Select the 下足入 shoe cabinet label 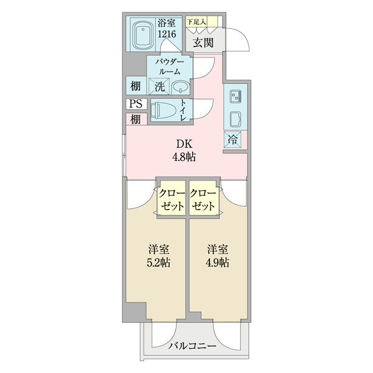pos(198,22)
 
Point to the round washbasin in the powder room pos(180,87)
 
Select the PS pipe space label pos(135,104)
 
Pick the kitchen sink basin pos(236,117)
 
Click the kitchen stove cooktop pos(236,96)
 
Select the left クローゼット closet pos(170,199)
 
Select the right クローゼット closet pos(203,199)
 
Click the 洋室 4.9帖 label pos(218,256)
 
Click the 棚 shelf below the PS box pos(135,118)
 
